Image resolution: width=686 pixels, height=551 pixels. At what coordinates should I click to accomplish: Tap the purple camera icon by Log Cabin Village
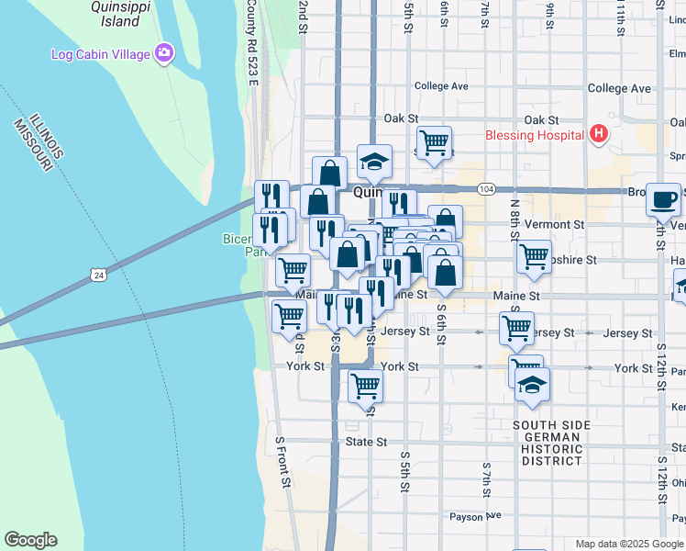tap(164, 53)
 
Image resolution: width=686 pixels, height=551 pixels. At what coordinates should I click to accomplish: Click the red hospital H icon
tap(599, 135)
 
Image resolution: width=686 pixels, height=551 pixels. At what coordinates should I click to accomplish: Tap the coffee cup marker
tap(663, 198)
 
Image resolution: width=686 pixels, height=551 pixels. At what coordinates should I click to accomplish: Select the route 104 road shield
tap(486, 189)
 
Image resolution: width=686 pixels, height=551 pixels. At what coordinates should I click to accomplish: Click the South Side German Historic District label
tap(547, 443)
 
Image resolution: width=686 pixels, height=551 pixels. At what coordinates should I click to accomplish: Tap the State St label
tap(366, 442)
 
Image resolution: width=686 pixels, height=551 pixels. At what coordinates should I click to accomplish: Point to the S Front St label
tap(283, 463)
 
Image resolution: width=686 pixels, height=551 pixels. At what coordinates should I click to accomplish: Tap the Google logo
tap(31, 540)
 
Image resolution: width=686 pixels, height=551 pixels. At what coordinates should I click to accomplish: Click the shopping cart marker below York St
tap(366, 385)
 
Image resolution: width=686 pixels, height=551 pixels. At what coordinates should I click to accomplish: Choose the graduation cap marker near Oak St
tap(374, 161)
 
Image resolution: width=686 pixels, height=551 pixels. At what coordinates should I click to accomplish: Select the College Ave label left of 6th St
tap(441, 87)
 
